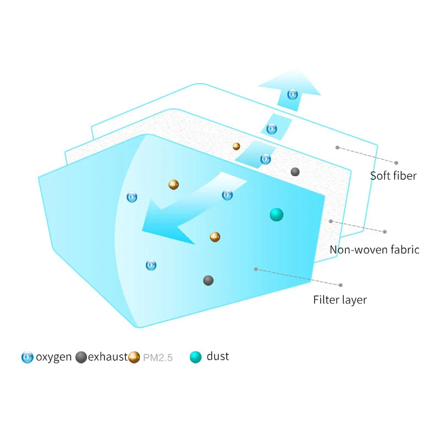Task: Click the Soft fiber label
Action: click(x=393, y=176)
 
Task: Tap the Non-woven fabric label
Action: click(x=374, y=250)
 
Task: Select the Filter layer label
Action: click(x=340, y=300)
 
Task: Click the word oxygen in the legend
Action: click(x=54, y=357)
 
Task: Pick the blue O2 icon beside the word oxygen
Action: click(x=27, y=357)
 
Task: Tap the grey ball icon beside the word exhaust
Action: click(x=81, y=357)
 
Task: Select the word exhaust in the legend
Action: click(x=108, y=357)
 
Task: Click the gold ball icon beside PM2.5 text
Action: click(x=134, y=357)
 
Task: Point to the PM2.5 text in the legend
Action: click(x=158, y=358)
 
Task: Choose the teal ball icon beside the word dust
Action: click(x=196, y=357)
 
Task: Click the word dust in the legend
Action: click(x=218, y=356)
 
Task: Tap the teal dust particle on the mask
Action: click(x=277, y=215)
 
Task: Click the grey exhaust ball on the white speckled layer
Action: click(x=295, y=172)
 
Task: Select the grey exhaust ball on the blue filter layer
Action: click(x=208, y=281)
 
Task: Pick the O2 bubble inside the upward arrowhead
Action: click(x=293, y=95)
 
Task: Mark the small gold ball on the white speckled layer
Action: click(x=237, y=146)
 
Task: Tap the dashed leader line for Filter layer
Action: click(x=298, y=277)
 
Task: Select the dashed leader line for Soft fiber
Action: click(x=366, y=155)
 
